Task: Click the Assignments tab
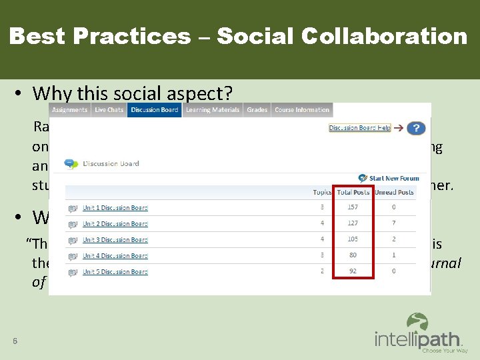[69, 110]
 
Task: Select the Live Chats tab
[109, 110]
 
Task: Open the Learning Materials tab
[212, 110]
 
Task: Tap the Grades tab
[257, 110]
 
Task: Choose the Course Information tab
[302, 110]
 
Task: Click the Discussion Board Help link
[359, 128]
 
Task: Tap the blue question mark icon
[416, 128]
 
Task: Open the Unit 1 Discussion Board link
[115, 208]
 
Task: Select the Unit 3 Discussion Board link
[115, 240]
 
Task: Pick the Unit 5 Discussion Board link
[115, 272]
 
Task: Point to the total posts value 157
[353, 208]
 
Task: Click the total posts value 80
[353, 256]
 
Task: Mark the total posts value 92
[353, 272]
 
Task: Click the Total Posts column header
[353, 193]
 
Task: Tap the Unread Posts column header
[394, 193]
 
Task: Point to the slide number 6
[15, 341]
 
